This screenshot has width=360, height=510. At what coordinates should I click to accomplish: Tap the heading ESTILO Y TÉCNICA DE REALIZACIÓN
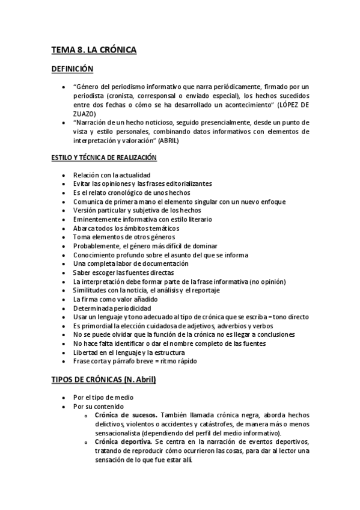103,158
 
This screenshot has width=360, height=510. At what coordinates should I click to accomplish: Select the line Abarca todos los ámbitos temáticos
126,229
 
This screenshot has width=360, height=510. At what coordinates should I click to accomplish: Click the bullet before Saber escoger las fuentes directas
64,272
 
